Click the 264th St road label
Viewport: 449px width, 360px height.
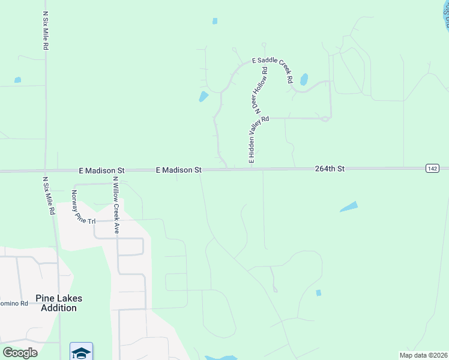(330, 170)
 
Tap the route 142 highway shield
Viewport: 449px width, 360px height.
(432, 169)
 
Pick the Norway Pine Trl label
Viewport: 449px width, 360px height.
(83, 207)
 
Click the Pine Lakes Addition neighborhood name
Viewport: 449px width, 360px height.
(59, 303)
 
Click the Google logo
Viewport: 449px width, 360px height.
(20, 352)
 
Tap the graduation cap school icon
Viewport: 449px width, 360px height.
(81, 351)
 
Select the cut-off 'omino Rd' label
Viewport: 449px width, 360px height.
(14, 304)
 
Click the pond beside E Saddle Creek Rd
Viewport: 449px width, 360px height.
(304, 79)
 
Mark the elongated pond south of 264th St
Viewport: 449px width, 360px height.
(349, 206)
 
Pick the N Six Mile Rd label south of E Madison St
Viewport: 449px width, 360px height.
(48, 195)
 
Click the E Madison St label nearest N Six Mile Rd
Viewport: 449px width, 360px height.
(101, 171)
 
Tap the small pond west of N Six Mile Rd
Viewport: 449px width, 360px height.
(17, 80)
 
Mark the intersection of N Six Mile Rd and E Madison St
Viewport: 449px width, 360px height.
(45, 171)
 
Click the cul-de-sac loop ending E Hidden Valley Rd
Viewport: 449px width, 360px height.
(325, 119)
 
